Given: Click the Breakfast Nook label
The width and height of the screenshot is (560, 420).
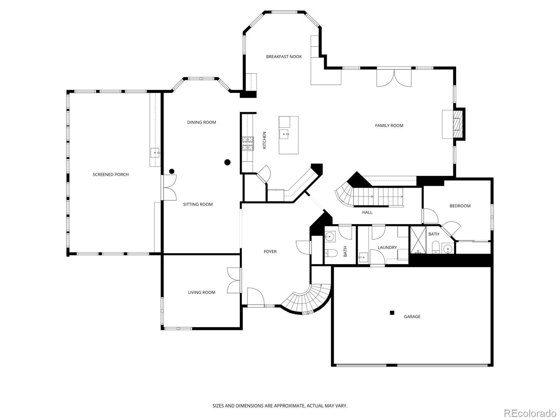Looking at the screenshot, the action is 284,57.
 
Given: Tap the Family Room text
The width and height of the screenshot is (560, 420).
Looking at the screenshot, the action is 389,126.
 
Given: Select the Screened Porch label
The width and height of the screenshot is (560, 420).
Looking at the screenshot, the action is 111,175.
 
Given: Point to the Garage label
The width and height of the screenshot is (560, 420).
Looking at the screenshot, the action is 412,317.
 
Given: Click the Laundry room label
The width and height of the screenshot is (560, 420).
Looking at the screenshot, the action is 387,247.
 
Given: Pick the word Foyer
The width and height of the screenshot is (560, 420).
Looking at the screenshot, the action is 270,252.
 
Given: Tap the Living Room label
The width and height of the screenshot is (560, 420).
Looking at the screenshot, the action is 201,292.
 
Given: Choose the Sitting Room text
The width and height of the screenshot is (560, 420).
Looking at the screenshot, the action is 198,204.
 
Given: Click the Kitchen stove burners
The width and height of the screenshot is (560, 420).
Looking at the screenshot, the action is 248,144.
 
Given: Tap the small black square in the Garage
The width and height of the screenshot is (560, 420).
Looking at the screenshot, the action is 392,312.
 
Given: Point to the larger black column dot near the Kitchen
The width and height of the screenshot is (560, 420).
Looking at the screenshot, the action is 227,162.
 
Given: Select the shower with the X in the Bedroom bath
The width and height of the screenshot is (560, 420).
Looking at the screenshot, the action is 418,240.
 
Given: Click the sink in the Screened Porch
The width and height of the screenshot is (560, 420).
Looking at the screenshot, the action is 155,153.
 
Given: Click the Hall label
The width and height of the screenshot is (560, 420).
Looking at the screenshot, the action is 367,212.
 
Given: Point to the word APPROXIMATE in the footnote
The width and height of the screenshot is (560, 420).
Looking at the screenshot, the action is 289,405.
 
